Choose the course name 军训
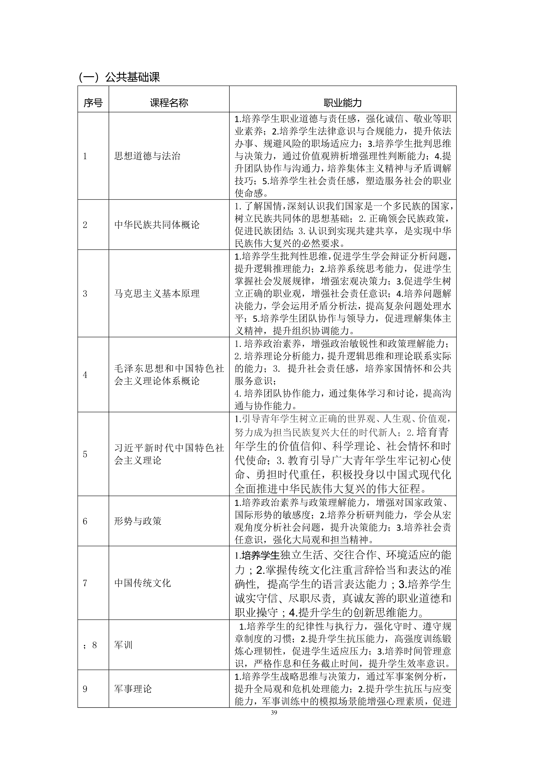[x=123, y=645]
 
